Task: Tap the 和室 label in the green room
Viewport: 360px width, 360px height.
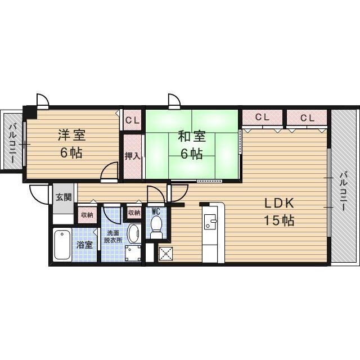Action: click(192, 136)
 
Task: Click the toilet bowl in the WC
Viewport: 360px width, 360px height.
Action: click(156, 227)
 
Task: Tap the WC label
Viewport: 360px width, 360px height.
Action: click(156, 211)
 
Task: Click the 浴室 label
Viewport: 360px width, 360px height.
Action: click(84, 245)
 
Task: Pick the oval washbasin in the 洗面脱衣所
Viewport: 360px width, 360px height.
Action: click(134, 233)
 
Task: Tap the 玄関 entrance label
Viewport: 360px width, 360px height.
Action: click(63, 197)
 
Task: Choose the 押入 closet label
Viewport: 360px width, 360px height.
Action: click(132, 155)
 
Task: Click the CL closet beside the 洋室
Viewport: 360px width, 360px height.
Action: click(132, 119)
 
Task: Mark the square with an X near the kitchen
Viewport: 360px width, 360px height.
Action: click(166, 254)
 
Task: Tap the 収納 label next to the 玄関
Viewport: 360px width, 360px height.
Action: click(85, 214)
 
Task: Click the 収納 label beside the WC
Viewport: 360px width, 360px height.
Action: click(134, 213)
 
